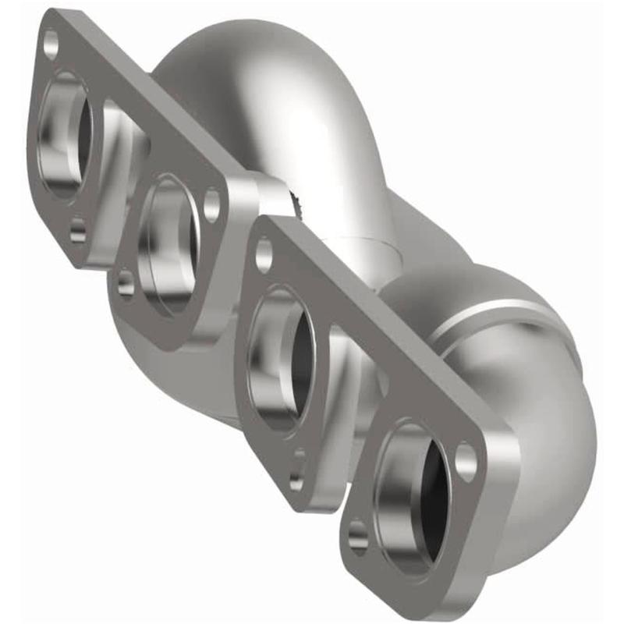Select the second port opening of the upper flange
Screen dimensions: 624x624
click(x=167, y=242)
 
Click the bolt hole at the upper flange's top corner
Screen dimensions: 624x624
click(x=51, y=44)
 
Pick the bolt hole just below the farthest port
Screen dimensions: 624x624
click(x=77, y=232)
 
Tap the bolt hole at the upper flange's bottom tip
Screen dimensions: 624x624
click(x=126, y=282)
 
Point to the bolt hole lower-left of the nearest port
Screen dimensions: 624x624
click(x=358, y=535)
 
